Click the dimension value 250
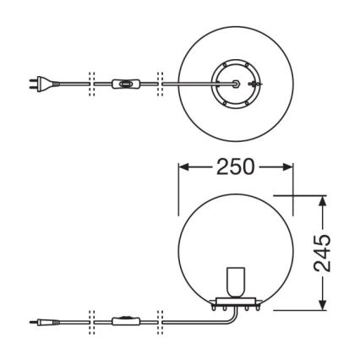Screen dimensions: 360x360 (234, 166)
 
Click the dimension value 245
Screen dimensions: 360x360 (322, 253)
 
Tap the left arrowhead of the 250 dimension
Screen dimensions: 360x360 (183, 166)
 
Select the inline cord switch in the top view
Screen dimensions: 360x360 (124, 83)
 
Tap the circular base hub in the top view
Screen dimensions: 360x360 (234, 83)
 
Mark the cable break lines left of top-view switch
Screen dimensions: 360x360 (90, 83)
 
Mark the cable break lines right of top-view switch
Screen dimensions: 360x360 (157, 83)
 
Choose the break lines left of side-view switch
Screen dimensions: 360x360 (90, 321)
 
